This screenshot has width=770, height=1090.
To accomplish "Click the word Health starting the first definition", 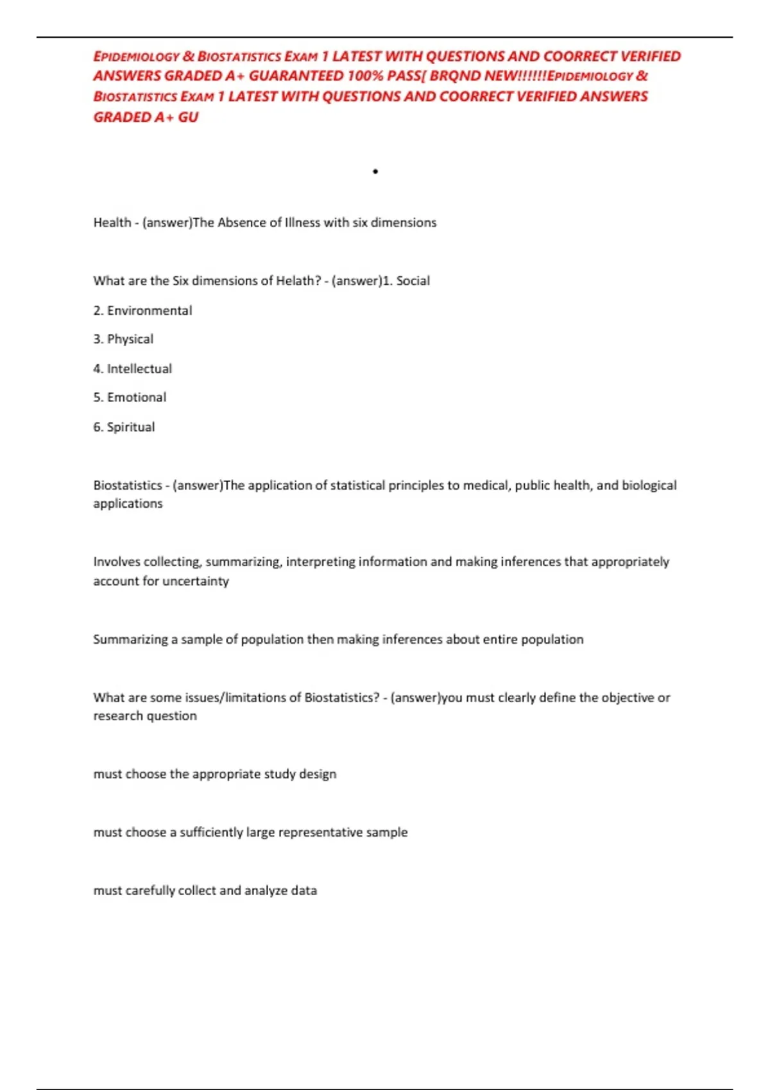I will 112,222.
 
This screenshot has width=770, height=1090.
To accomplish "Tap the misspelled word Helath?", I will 298,281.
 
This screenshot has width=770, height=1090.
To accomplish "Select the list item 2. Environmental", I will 142,311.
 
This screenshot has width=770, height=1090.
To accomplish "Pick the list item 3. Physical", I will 123,339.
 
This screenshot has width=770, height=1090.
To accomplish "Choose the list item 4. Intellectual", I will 132,369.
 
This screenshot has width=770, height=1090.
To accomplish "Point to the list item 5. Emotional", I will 130,398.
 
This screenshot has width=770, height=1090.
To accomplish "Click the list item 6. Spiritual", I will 124,427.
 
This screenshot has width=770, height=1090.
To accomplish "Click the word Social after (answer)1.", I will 413,281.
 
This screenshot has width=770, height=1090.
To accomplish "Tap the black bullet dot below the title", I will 375,171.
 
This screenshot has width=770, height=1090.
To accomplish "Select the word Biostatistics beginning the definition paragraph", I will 128,485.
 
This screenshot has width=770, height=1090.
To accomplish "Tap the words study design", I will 300,775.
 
